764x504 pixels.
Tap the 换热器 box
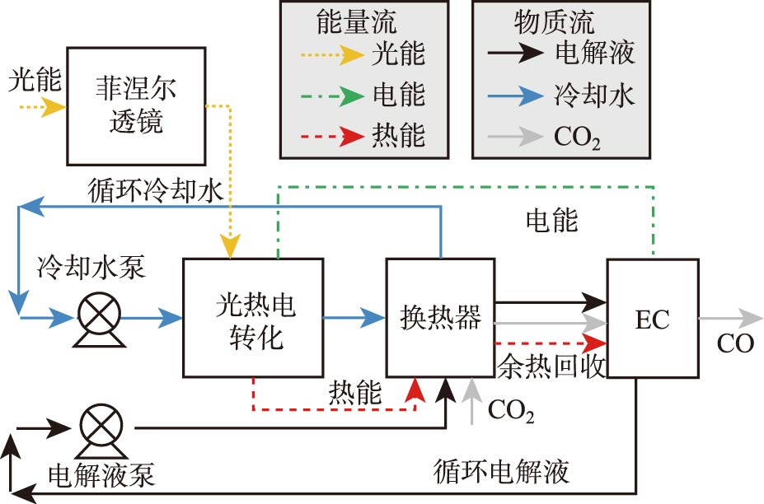(x=440, y=318)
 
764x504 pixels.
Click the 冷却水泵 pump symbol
(x=98, y=315)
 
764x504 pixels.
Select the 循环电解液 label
(x=502, y=472)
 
